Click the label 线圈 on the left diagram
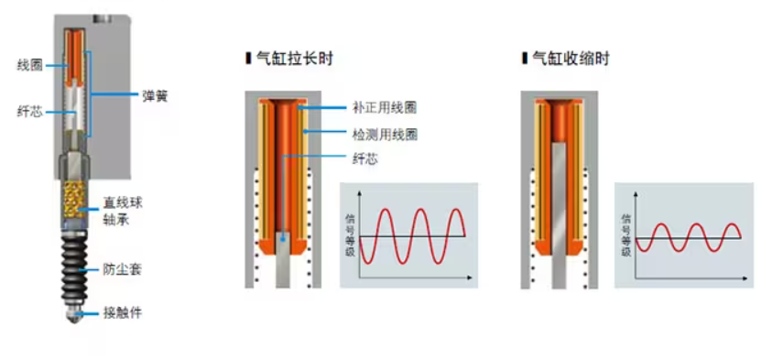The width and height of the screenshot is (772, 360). (x=28, y=65)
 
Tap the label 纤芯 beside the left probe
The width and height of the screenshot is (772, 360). (x=28, y=112)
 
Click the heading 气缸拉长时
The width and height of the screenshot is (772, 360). (x=293, y=59)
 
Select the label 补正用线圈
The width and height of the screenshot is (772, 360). (x=385, y=107)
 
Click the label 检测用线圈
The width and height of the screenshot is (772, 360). (x=385, y=134)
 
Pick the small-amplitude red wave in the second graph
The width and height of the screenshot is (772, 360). (x=689, y=237)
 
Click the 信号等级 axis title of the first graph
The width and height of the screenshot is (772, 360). (x=349, y=235)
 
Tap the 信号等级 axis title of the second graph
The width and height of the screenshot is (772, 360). (x=626, y=235)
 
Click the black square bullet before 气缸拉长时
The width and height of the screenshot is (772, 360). (x=248, y=59)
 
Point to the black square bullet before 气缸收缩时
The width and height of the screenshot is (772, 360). (x=525, y=59)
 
